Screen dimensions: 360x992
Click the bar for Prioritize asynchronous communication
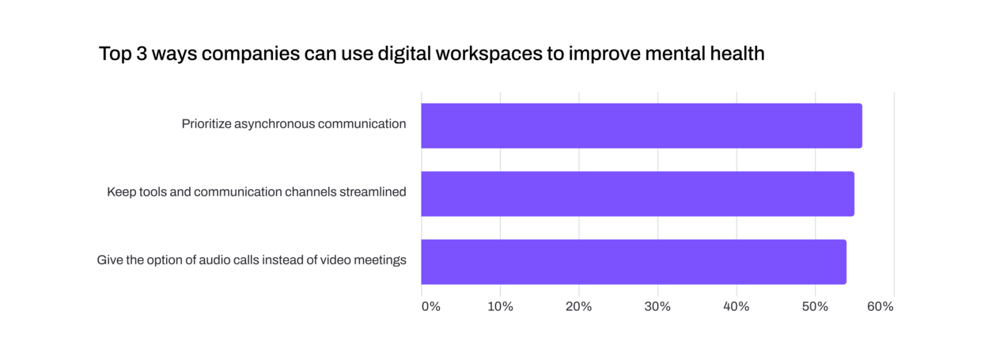tap(641, 126)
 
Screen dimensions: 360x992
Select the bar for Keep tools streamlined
tap(637, 194)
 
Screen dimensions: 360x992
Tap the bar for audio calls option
tap(633, 262)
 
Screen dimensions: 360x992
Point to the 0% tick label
tap(430, 306)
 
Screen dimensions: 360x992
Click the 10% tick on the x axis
tap(500, 306)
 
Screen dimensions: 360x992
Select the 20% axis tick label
tap(579, 306)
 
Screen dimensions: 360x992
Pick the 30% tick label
tap(658, 306)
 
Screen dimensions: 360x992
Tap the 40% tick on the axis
tap(736, 306)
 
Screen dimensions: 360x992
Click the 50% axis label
tap(816, 306)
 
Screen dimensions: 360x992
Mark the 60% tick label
tap(880, 306)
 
